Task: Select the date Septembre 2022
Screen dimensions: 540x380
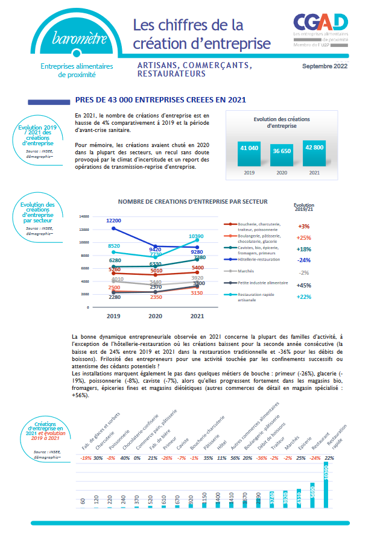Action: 325,66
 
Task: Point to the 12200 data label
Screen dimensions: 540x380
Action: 113,221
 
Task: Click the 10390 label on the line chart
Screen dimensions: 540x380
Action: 196,236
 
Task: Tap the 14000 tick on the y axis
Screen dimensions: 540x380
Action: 84,216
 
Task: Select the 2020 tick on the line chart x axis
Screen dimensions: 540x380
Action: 155,315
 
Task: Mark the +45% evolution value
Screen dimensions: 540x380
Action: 304,286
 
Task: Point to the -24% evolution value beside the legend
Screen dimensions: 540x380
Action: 304,260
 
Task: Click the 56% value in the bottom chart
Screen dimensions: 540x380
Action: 234,458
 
